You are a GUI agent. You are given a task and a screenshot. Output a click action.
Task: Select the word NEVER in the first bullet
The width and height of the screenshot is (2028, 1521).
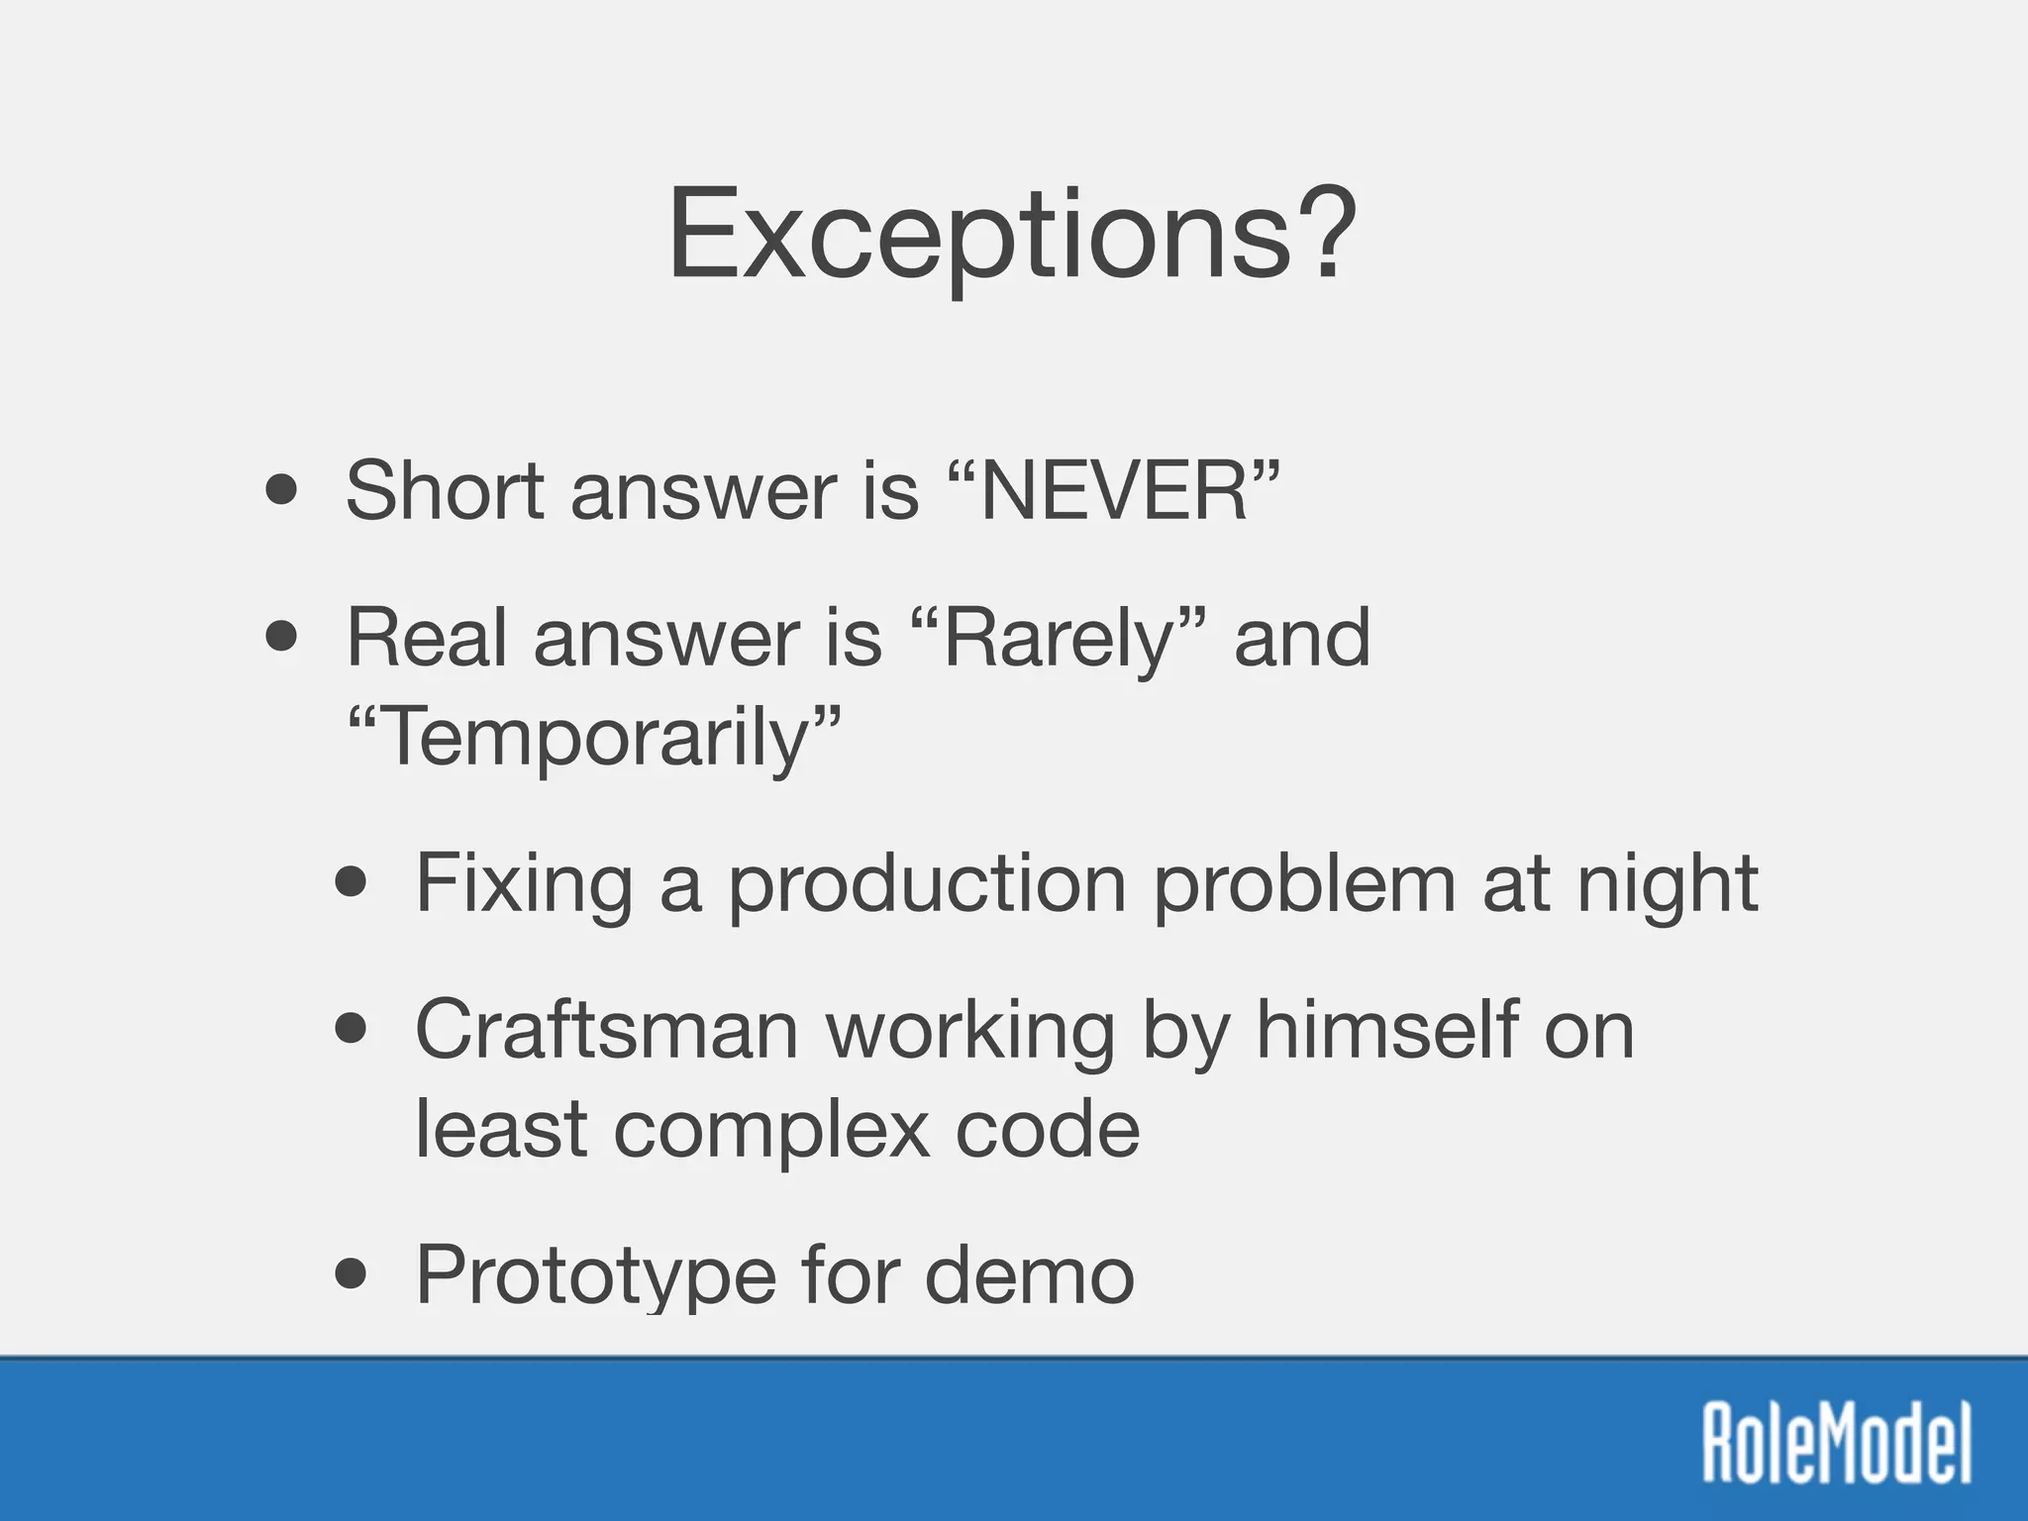(1114, 491)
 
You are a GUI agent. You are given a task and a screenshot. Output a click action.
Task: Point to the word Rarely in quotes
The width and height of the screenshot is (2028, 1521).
(1058, 639)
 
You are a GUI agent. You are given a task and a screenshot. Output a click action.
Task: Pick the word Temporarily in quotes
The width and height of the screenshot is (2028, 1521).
(594, 738)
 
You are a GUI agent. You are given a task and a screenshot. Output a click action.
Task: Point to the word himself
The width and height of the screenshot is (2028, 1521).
(1387, 1030)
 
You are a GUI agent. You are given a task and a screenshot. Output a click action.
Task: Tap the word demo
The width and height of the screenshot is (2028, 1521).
(1030, 1275)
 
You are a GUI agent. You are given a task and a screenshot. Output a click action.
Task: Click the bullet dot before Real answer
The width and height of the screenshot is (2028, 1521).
(282, 638)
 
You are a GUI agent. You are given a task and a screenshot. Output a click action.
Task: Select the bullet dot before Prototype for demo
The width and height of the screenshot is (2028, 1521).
(352, 1274)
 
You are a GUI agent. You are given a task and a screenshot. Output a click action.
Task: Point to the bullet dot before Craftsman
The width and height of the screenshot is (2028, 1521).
(352, 1029)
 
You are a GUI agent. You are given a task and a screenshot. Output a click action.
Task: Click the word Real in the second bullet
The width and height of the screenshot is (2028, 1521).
(427, 639)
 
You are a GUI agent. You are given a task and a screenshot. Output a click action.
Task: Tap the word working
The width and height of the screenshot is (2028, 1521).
(970, 1030)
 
